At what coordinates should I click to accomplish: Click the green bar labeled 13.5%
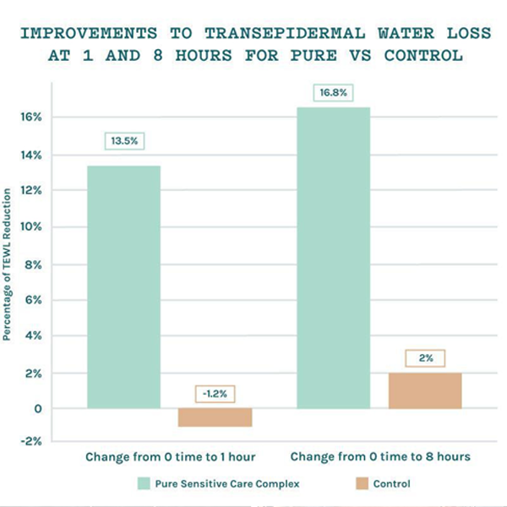point(123,287)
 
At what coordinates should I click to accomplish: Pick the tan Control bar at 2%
point(426,390)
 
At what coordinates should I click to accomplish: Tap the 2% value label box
point(426,358)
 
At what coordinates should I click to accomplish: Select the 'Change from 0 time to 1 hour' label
point(170,456)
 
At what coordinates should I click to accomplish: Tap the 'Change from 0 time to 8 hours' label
point(380,456)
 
